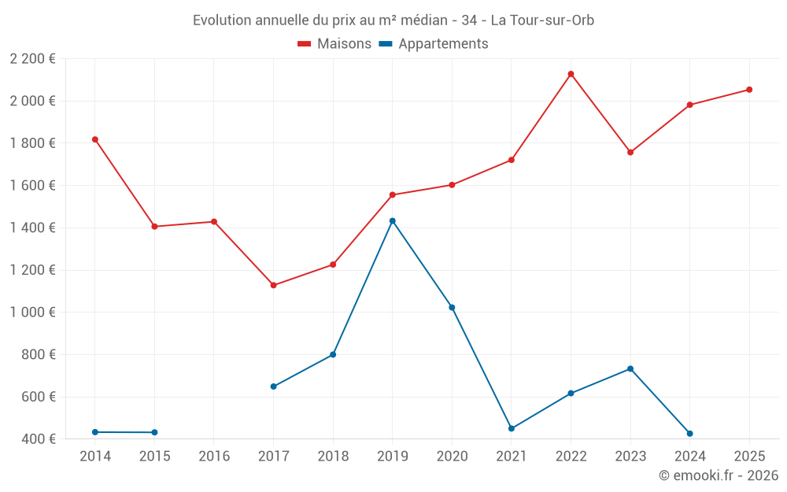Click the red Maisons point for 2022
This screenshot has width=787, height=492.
571,74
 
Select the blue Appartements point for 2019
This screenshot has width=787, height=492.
393,220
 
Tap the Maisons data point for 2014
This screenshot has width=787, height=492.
95,139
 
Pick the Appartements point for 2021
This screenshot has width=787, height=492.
512,428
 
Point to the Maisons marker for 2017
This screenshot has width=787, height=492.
273,285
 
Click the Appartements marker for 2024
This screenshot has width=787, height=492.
689,434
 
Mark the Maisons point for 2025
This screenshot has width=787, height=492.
749,90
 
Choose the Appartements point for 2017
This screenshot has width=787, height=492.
273,387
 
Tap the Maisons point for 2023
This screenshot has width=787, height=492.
630,152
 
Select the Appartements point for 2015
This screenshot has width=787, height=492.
154,432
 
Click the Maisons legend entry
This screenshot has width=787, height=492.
334,44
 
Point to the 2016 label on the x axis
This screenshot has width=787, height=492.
214,457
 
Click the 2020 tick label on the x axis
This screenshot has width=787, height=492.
452,457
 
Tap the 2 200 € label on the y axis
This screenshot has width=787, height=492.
32,59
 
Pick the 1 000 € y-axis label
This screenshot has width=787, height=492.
32,313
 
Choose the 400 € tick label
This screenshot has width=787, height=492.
37,439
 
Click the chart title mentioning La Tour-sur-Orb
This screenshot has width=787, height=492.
393,20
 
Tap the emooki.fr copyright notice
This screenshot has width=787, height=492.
719,475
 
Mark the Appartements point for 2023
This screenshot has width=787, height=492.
630,368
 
